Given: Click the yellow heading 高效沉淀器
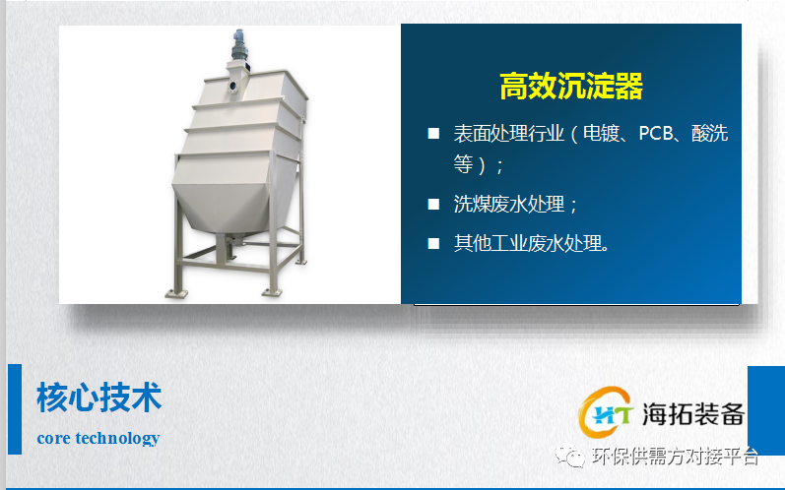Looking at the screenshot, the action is tap(571, 86).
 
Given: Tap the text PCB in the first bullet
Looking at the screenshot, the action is tap(656, 134).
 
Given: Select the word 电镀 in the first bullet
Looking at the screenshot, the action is tap(601, 134).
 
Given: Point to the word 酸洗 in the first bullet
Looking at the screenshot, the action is tap(709, 134).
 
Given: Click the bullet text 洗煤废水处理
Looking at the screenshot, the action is tap(509, 204).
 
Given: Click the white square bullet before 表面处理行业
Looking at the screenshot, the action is tap(433, 134).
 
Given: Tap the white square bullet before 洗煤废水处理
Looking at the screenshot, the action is tap(433, 204).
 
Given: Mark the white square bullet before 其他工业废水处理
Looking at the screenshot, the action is tap(433, 243).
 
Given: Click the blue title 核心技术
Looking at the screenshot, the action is tap(99, 398).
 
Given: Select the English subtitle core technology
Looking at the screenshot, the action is tap(98, 438).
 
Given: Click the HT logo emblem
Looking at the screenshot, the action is tap(606, 412).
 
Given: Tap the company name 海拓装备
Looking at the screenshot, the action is tap(693, 414).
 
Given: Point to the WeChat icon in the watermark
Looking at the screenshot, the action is tap(569, 456).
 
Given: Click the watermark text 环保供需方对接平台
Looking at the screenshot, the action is tap(676, 456).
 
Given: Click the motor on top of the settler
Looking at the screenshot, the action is tap(238, 45).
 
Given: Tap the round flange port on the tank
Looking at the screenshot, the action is tap(232, 86).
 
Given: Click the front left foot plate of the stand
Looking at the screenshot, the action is tap(176, 294).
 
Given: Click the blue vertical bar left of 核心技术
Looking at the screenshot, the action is tap(15, 409).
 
